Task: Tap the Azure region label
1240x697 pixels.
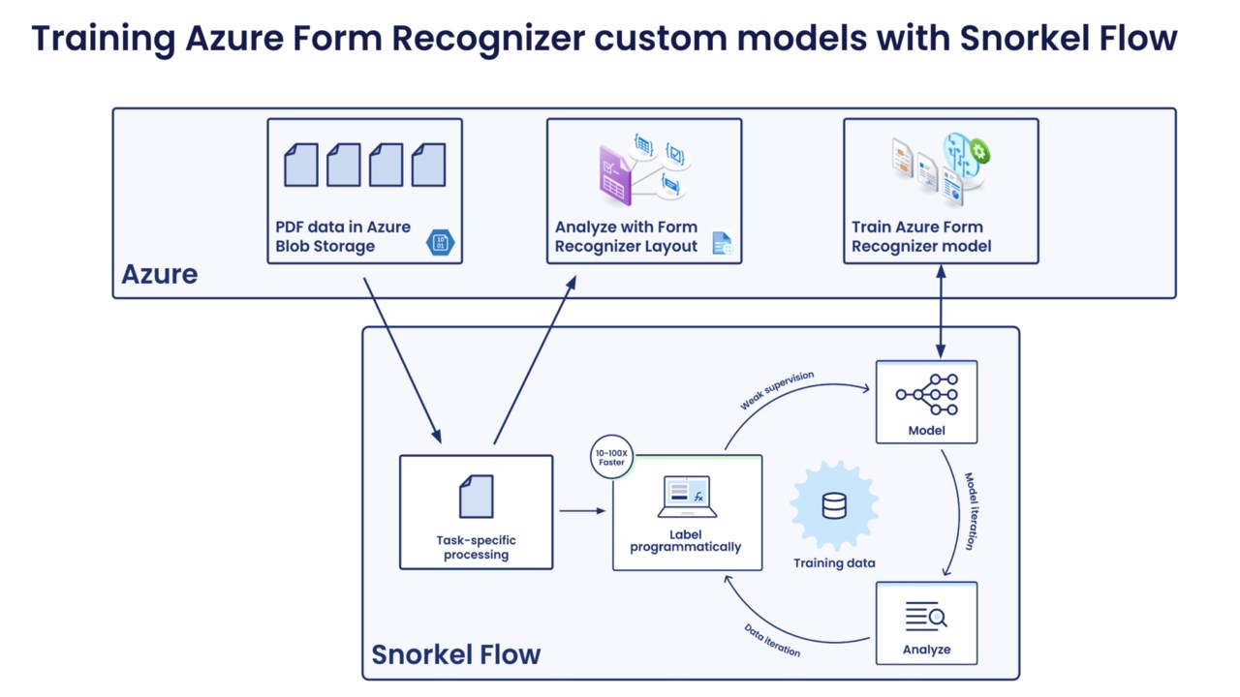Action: point(159,274)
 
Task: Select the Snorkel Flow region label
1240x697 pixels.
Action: point(455,654)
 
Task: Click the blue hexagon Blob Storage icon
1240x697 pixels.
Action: point(441,243)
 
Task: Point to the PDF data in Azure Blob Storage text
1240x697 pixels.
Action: point(343,236)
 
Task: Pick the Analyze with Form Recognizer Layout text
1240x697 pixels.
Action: point(626,236)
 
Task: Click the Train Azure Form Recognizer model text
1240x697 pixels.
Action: point(921,236)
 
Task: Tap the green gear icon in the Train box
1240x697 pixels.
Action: point(979,151)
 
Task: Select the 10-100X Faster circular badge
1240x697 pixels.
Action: point(611,457)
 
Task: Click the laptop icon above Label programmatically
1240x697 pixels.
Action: point(687,496)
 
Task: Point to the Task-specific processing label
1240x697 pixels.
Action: point(476,547)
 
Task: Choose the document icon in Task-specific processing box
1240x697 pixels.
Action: point(476,497)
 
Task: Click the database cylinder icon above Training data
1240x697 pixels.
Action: point(834,506)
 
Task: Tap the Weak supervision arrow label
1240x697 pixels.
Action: point(777,390)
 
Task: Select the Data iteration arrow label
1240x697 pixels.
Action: point(772,640)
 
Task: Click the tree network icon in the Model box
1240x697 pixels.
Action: point(927,394)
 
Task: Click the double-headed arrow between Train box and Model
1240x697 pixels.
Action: point(941,312)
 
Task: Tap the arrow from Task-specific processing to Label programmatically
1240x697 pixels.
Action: point(582,511)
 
